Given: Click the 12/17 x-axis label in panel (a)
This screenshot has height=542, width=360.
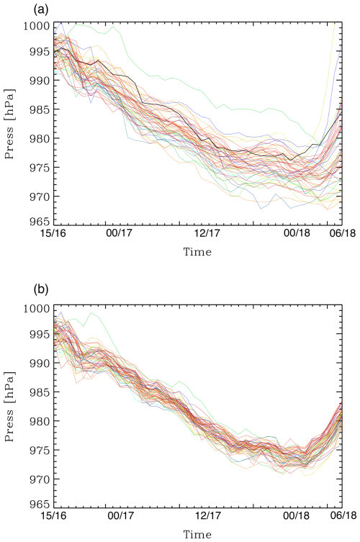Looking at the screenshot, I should click(x=207, y=234).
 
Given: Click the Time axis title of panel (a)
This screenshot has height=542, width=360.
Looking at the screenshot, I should click(x=197, y=253).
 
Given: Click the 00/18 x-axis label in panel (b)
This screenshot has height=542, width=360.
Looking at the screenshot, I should click(x=296, y=516).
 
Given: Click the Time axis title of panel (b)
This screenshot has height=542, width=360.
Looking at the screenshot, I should click(x=197, y=535).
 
